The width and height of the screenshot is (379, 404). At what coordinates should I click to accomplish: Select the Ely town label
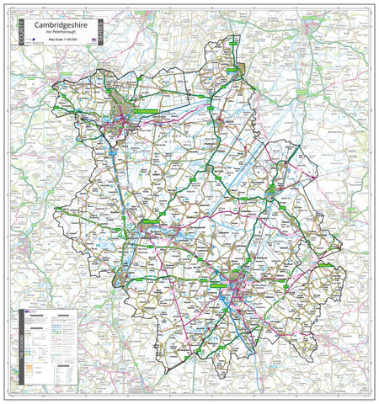point(270,194)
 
